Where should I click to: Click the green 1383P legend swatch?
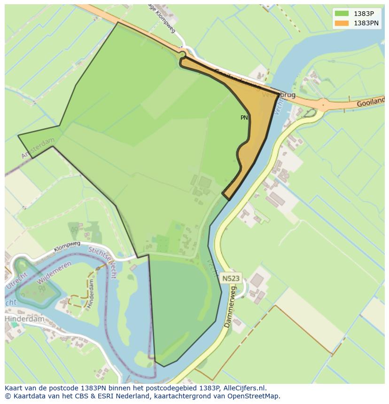click(342, 14)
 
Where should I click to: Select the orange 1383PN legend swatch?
click(342, 23)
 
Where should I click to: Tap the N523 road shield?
click(231, 278)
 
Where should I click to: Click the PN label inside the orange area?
click(244, 118)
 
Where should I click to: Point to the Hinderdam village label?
click(24, 319)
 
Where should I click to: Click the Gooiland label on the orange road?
click(370, 101)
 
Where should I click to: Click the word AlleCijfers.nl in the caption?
click(243, 388)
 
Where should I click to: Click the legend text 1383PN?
click(367, 23)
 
